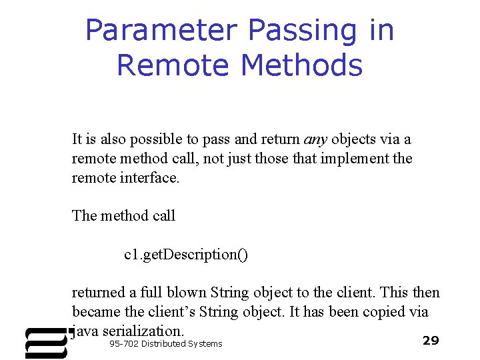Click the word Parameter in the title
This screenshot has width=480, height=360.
pos(161,31)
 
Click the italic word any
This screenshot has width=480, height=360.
pos(315,140)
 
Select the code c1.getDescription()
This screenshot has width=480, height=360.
pos(186,255)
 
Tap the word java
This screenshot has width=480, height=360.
pos(85,331)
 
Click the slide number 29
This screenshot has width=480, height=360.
pos(431,341)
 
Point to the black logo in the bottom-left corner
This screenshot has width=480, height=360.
pos(46,342)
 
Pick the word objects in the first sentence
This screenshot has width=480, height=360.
pos(354,140)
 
